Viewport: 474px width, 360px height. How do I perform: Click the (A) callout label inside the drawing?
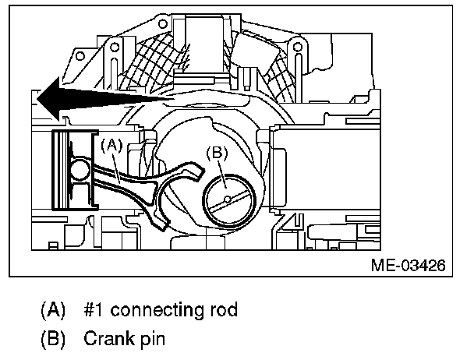111,143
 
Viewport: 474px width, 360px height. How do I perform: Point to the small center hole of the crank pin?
228,199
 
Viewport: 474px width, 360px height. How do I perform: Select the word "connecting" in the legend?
155,310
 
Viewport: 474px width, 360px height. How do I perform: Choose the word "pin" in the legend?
149,340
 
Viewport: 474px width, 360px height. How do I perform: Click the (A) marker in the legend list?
55,310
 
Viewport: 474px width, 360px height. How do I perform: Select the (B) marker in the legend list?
55,340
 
